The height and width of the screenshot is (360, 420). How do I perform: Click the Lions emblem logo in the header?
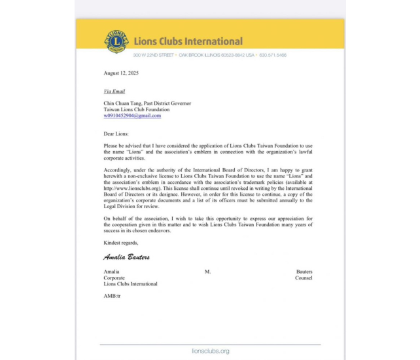point(116,41)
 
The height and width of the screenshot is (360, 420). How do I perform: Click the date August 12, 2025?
point(121,73)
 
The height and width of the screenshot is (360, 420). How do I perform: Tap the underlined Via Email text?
point(114,91)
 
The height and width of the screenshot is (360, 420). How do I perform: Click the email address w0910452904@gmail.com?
point(132,116)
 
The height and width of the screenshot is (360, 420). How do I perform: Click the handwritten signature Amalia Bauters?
point(126,257)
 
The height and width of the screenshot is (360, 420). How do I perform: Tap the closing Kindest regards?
point(121,243)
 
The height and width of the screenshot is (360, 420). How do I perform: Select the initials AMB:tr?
point(112,296)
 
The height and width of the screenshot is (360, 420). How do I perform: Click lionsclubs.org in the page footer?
point(210,351)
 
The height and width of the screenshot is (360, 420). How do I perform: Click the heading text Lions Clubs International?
point(188,41)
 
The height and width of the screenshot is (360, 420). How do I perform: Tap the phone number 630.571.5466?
point(272,56)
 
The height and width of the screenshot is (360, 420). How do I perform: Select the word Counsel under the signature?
point(304,278)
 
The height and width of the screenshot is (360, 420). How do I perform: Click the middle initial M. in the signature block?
point(207,271)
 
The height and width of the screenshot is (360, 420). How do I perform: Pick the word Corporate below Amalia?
point(115,278)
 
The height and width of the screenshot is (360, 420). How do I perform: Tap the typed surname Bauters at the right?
point(304,271)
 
